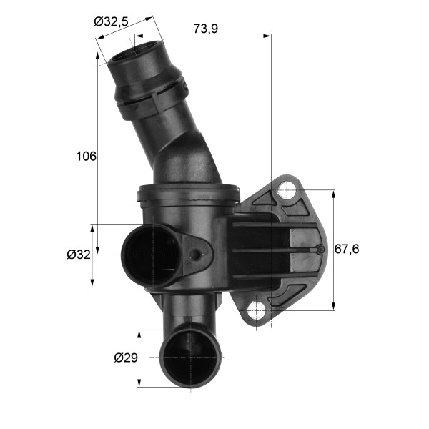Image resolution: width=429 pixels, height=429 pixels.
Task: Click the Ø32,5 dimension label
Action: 111,21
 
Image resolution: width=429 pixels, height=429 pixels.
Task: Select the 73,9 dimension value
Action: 206,29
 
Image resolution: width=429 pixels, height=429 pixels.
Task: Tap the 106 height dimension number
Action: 87,156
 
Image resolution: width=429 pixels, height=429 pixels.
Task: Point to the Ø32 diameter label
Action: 79,255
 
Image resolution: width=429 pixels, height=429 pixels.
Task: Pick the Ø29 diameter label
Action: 126,357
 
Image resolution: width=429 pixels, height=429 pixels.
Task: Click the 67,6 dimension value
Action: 347,249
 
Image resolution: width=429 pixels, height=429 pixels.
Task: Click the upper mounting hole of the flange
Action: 287,190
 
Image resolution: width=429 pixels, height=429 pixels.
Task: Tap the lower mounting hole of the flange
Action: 257,311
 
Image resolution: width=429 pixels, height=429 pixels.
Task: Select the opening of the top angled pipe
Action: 136,51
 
